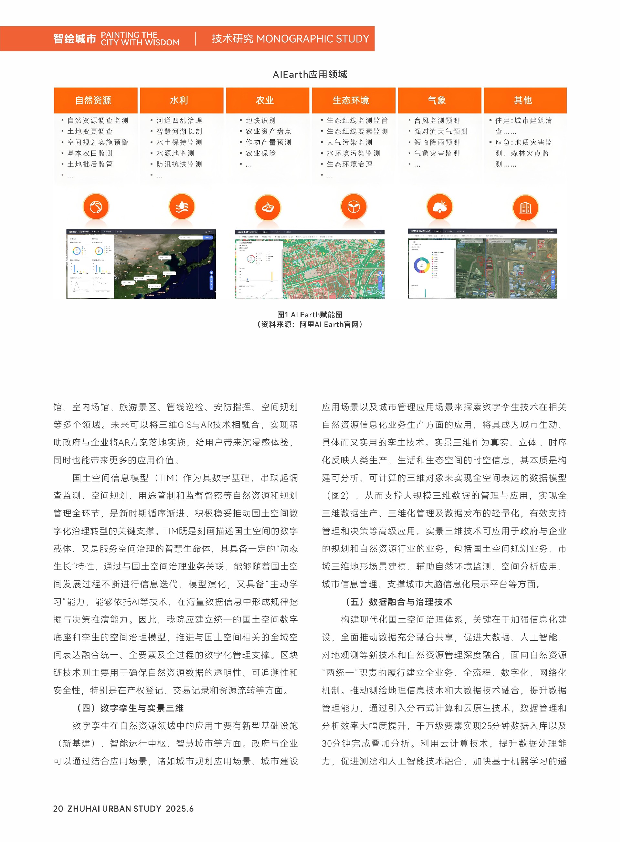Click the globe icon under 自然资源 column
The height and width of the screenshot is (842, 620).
[x=96, y=206]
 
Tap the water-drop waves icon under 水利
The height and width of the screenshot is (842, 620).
[x=182, y=206]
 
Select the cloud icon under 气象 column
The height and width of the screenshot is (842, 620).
[x=439, y=206]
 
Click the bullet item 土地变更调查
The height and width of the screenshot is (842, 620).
[x=90, y=132]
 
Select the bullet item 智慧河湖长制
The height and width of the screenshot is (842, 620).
[x=179, y=132]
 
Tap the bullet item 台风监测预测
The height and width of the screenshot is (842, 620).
[x=437, y=121]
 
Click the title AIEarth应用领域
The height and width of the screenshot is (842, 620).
[x=310, y=74]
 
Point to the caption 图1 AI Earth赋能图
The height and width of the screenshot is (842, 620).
[x=310, y=314]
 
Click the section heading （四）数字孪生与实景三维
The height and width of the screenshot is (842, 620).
[x=130, y=708]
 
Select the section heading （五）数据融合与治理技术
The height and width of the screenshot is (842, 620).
[x=398, y=602]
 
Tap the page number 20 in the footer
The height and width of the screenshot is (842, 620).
[x=58, y=809]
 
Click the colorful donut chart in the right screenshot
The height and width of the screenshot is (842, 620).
[x=421, y=265]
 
